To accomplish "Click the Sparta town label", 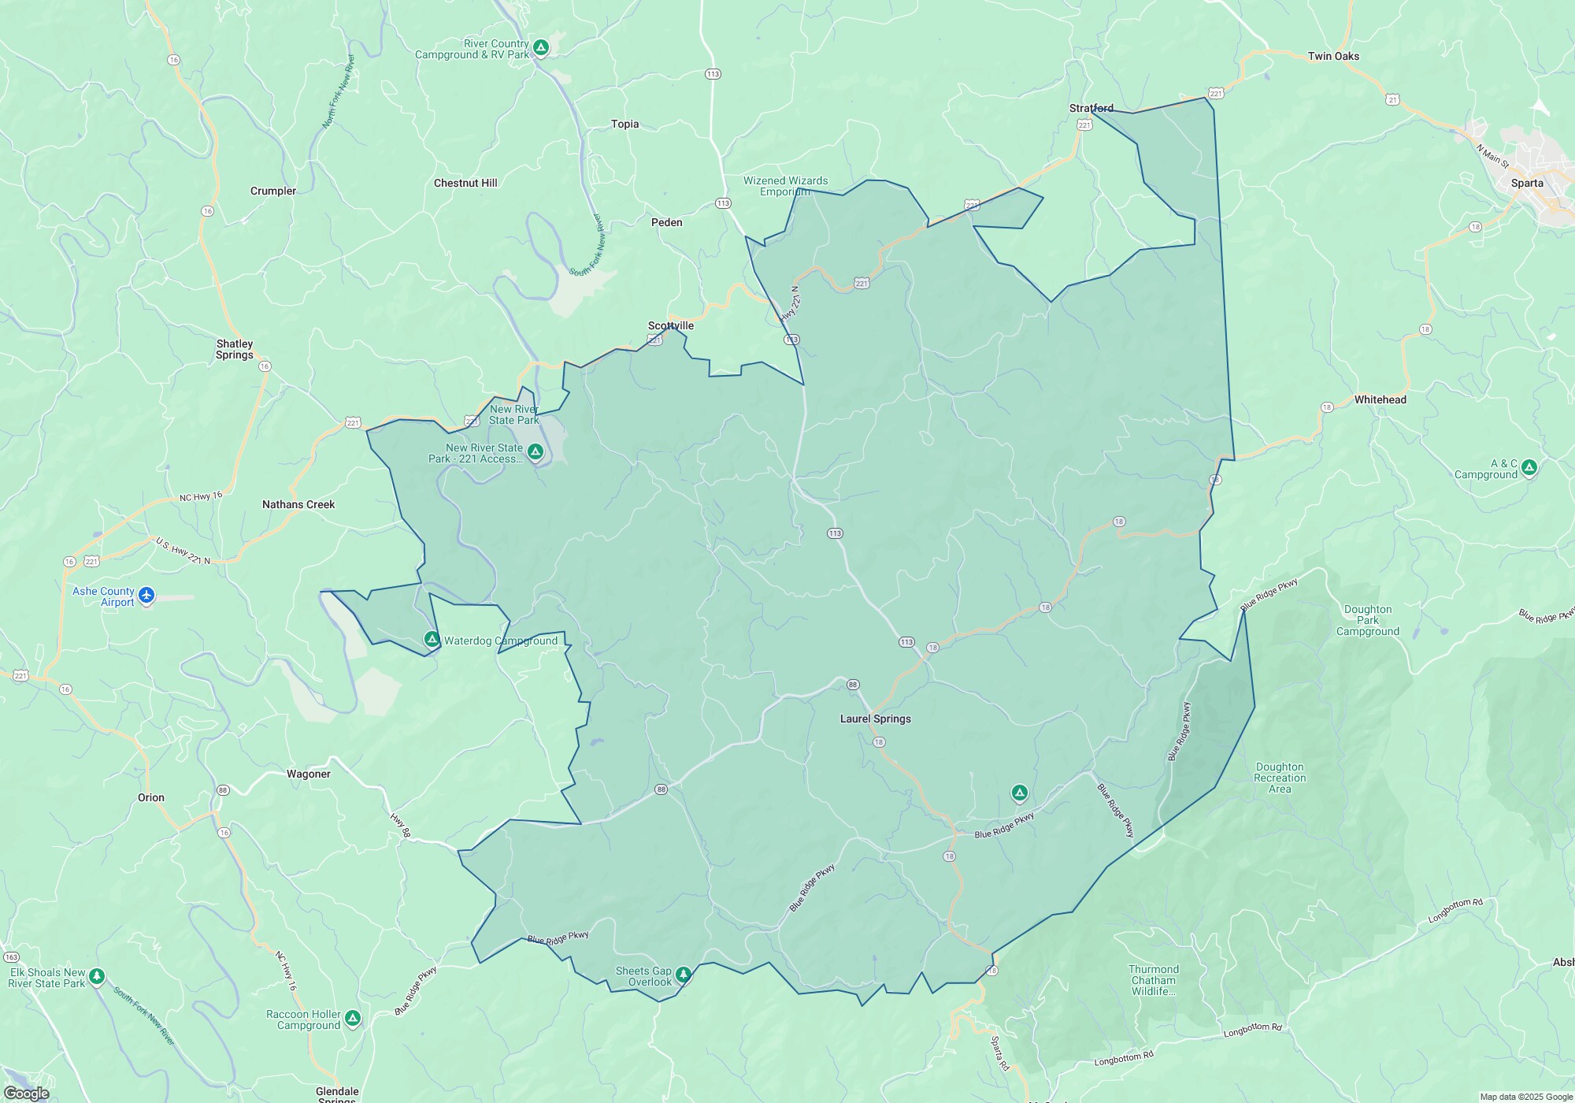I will tap(1527, 183).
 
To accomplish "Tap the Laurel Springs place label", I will tap(875, 719).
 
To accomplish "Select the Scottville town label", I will tap(671, 325).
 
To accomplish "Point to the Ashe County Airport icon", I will tap(146, 596).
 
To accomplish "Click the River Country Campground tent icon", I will tap(541, 48).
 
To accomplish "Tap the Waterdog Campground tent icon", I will tap(432, 639).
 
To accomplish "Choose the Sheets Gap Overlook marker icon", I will tap(683, 975).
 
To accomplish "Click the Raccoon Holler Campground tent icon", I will tap(353, 1018).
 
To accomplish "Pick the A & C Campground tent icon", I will tap(1529, 467).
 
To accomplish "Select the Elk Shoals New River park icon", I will tap(97, 976).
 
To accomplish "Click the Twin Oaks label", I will tap(1333, 56).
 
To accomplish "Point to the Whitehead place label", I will tap(1380, 399).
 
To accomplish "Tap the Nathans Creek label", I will tap(298, 504).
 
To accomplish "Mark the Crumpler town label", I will tap(273, 191).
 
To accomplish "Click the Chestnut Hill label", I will tap(465, 183).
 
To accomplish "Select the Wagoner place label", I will tap(309, 774).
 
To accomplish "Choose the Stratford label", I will tap(1091, 108).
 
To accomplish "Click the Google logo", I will tap(26, 1093).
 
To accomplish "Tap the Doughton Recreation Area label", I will tap(1280, 778).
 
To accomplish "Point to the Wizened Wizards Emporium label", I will tap(785, 186).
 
